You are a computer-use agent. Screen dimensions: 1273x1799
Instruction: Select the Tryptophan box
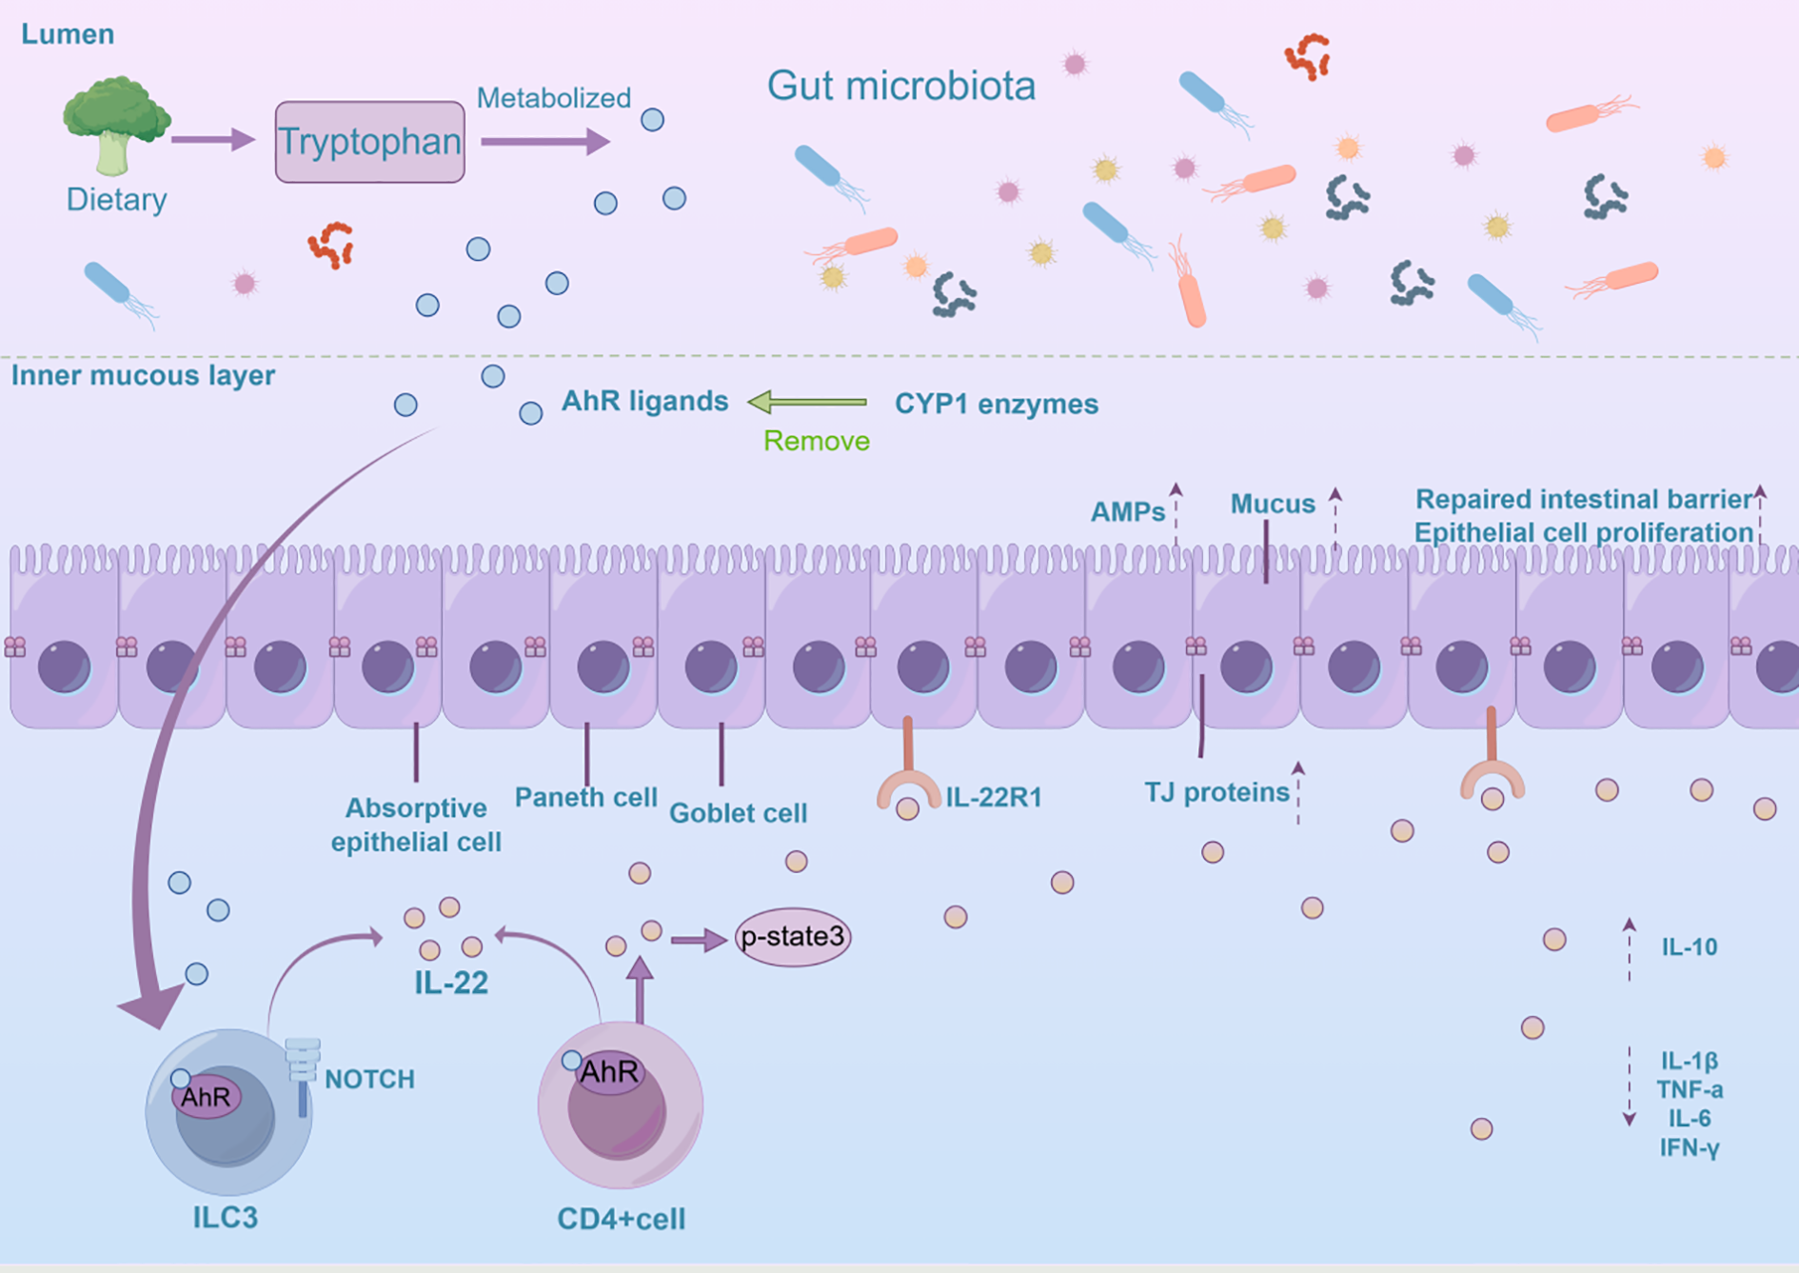tap(369, 142)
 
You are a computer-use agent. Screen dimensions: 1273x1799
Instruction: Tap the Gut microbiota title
tap(900, 86)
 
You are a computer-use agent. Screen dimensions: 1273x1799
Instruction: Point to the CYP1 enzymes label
tap(996, 404)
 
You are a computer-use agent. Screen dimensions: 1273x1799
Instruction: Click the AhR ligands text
tap(644, 401)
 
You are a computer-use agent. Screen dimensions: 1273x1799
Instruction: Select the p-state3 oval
tap(792, 937)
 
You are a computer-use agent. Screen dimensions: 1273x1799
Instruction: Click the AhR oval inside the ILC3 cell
tap(207, 1097)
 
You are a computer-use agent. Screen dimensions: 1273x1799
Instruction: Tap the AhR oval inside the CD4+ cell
tap(608, 1072)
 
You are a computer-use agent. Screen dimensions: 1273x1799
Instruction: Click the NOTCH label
tap(369, 1079)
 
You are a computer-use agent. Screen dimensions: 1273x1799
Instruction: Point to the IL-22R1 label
tap(993, 797)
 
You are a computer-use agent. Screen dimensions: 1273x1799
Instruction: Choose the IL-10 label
tap(1689, 946)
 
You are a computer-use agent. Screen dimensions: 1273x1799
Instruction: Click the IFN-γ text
tap(1689, 1147)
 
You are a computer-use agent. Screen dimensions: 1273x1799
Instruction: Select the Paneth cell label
tap(585, 797)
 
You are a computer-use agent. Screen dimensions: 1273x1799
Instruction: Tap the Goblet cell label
tap(738, 813)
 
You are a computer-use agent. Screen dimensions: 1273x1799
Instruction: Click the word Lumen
tap(68, 34)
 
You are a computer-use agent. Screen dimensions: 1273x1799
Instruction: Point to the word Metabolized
tap(553, 98)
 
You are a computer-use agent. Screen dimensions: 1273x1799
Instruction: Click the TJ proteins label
tap(1216, 792)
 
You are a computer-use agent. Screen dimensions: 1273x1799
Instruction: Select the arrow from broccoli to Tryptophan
tap(213, 140)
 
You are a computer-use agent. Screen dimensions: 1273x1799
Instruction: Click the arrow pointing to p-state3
tap(699, 941)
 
